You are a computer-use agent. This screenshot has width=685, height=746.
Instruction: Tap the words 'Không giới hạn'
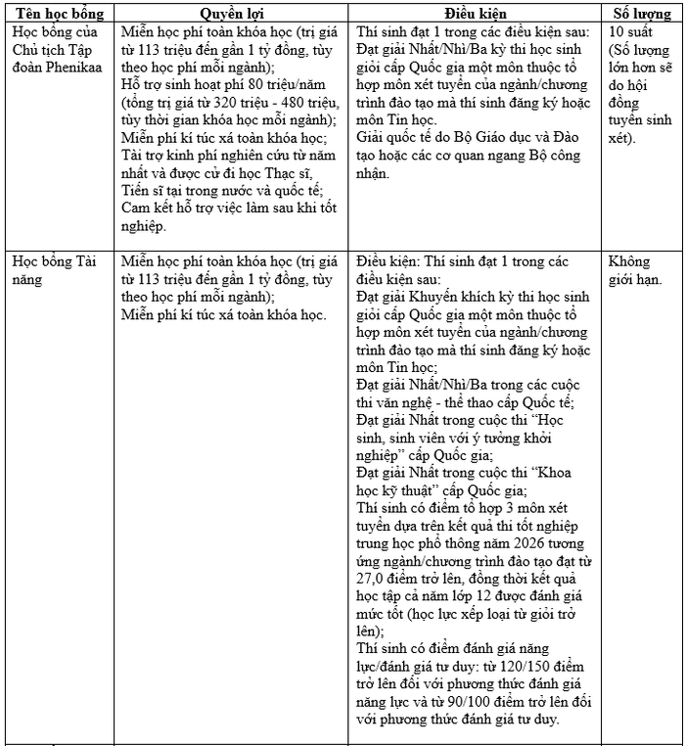click(631, 271)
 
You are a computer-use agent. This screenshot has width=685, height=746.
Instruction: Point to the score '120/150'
click(511, 666)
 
